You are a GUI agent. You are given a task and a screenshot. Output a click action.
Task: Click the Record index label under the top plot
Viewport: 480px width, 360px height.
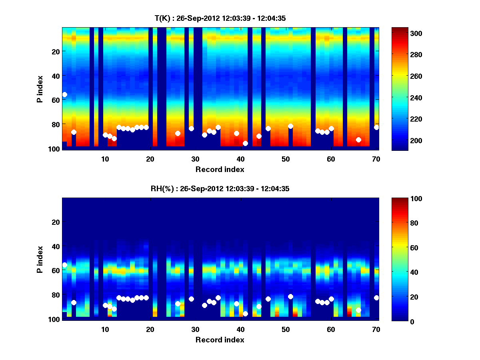click(220, 169)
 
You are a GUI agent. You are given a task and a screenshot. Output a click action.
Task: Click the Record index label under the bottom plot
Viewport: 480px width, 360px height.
click(220, 340)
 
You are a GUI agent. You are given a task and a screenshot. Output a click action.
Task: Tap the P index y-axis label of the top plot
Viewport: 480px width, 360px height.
click(40, 89)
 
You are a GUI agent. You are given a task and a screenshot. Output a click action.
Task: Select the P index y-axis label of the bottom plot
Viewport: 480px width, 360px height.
click(40, 259)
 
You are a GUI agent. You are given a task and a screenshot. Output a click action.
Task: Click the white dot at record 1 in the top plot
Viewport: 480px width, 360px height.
click(64, 94)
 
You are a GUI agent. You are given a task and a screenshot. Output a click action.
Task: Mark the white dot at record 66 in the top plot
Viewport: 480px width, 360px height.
click(358, 140)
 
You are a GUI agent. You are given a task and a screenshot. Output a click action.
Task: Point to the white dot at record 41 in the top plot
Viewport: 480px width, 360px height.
click(245, 143)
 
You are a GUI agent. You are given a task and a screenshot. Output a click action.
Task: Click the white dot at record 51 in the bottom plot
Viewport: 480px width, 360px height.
click(290, 296)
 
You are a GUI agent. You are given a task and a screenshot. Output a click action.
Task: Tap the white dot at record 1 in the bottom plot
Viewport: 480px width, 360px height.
click(64, 265)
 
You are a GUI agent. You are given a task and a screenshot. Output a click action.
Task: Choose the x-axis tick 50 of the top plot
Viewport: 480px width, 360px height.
click(286, 159)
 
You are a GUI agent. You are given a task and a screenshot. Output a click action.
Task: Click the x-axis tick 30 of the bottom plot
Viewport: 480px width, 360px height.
click(196, 329)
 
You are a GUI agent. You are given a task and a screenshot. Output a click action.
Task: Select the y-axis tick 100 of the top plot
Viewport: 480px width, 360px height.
click(55, 149)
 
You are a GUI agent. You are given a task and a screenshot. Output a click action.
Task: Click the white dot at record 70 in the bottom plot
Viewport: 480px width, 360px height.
click(376, 298)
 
